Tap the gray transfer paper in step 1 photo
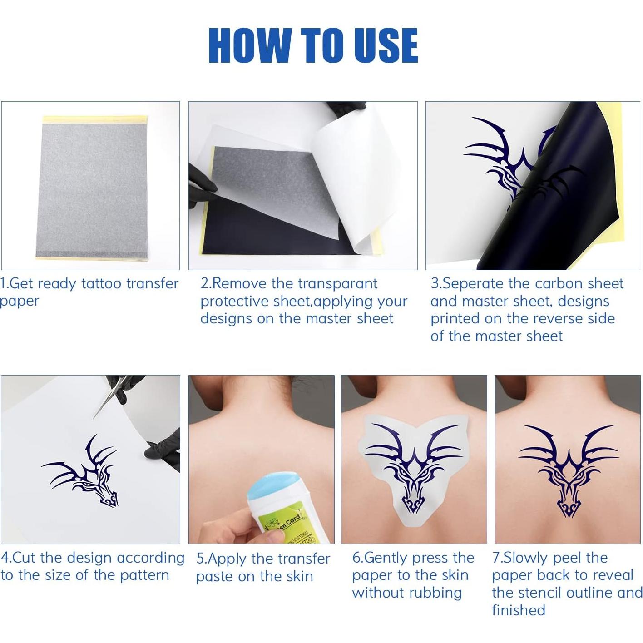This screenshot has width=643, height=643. click(91, 186)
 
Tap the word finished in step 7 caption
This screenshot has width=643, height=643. click(519, 610)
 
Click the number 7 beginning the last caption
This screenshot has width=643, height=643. click(495, 558)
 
